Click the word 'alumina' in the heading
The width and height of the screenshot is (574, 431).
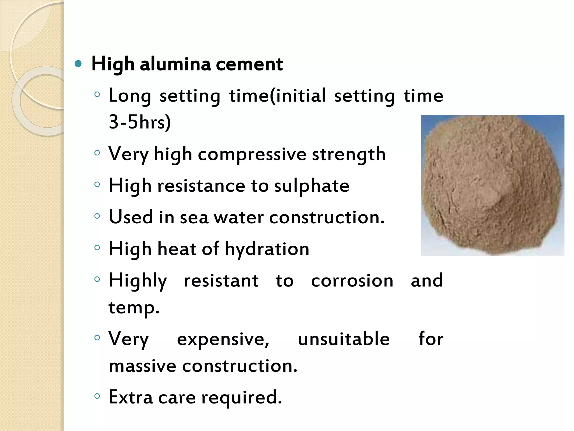[x=175, y=64]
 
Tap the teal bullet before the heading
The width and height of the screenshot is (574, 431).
[x=78, y=64]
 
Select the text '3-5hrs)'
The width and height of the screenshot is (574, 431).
[x=140, y=122]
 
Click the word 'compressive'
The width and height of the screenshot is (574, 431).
[x=252, y=154]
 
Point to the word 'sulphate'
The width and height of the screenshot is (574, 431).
[x=311, y=186]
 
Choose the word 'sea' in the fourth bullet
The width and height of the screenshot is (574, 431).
[x=194, y=217]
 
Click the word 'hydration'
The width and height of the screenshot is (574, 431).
[x=267, y=249]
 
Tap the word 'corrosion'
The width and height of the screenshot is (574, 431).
[x=352, y=281]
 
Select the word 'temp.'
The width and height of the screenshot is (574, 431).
[x=134, y=308]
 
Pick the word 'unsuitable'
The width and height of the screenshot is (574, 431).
[x=344, y=339]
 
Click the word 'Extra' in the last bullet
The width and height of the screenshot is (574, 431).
[x=131, y=397]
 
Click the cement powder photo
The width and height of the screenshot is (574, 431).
[x=492, y=185]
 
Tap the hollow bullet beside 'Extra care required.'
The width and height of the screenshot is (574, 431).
[x=97, y=396]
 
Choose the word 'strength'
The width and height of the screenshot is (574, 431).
[x=349, y=154]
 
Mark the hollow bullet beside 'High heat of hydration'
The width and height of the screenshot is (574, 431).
[x=97, y=248]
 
